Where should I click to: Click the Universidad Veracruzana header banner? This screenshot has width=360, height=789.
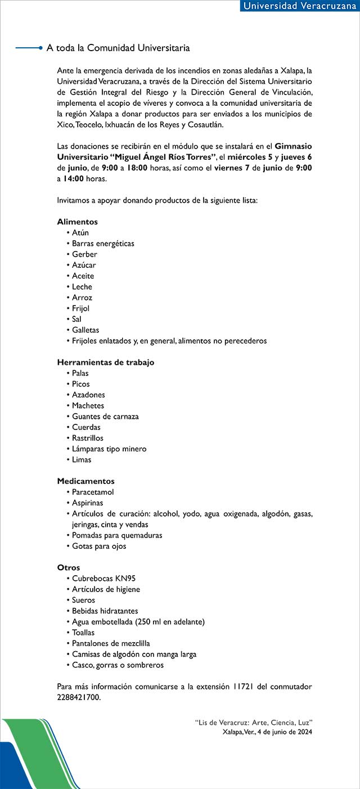coord(300,6)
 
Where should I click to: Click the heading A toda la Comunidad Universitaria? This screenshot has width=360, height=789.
coord(118,48)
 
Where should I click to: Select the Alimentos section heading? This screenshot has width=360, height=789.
coord(78,222)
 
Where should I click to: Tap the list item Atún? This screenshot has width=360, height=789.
coord(80,232)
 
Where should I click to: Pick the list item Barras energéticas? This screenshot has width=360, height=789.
coord(103,244)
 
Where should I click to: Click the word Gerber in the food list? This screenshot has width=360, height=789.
coord(84,254)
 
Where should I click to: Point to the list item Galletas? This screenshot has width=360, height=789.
coord(85,330)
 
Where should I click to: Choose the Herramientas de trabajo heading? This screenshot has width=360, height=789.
coord(106,362)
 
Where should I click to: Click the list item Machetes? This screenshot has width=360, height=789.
coord(88,406)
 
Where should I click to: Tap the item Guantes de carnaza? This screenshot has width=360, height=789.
coord(105,416)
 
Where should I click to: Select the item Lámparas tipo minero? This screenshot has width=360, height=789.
coord(109,449)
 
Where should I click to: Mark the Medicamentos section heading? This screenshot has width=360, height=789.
coord(85,481)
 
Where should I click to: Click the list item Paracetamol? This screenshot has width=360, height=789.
coord(93,492)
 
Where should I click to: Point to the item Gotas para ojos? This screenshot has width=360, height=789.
coord(99,546)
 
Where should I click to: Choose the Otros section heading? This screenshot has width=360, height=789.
coord(69,568)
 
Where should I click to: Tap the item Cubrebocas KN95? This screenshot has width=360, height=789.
coord(103,579)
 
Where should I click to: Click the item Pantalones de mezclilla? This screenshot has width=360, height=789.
coord(111,643)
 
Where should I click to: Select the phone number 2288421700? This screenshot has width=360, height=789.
coord(79,697)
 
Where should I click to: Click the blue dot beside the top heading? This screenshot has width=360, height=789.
coord(40,48)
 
